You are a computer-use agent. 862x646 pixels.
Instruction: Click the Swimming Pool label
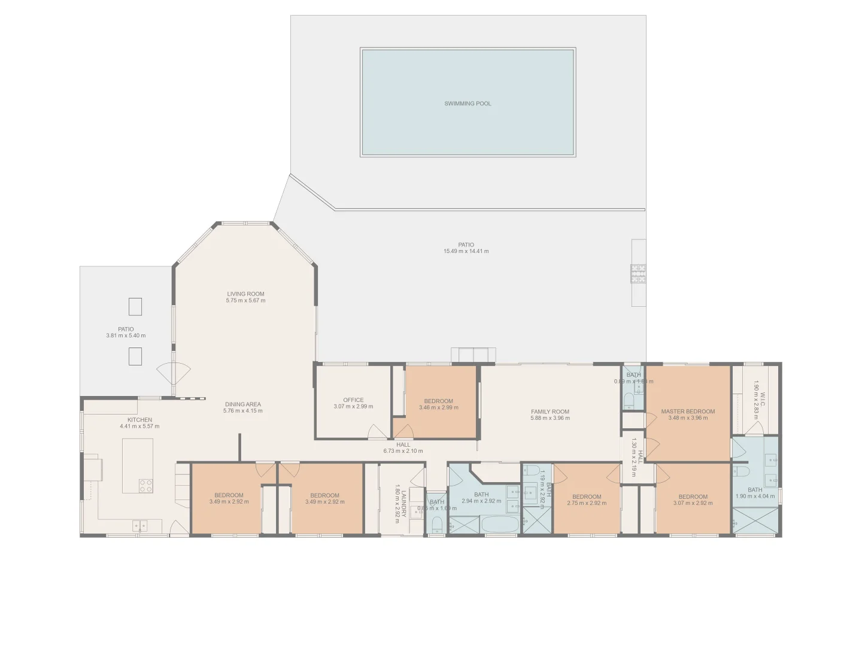pos(468,103)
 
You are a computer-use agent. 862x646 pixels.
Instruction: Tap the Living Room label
pos(245,294)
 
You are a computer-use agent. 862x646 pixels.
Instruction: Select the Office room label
pos(353,400)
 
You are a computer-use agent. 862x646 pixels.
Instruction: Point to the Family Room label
pos(550,412)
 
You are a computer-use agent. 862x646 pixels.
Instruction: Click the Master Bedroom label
pos(688,412)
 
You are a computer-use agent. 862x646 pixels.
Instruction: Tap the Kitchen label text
pos(139,420)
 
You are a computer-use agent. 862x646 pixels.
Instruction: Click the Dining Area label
pos(242,404)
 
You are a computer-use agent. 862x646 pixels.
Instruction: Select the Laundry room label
pos(404,502)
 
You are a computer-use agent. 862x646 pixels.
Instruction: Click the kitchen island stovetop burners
pos(145,485)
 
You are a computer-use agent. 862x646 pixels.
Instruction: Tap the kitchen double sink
pos(139,526)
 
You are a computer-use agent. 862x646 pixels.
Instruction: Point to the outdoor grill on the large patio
pos(638,273)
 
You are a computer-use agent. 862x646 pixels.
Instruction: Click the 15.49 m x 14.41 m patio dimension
pos(466,251)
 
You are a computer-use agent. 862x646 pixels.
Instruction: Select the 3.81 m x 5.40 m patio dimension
pos(126,336)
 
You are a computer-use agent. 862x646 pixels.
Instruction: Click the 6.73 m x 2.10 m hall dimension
pos(403,451)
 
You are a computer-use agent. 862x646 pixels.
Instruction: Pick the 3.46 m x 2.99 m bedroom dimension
pos(438,407)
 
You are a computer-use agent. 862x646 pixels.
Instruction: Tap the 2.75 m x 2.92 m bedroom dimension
pos(586,503)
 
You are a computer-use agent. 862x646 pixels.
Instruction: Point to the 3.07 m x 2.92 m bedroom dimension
pos(693,503)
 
